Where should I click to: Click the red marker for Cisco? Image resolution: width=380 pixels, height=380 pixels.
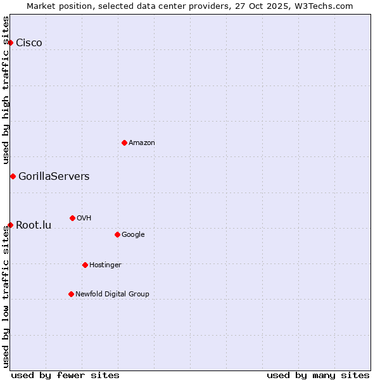pyautogui.click(x=11, y=42)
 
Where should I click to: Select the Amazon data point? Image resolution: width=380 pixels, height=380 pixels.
pyautogui.click(x=124, y=142)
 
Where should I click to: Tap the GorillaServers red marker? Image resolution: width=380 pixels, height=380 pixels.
pyautogui.click(x=13, y=176)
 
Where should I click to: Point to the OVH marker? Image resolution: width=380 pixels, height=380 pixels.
pyautogui.click(x=72, y=218)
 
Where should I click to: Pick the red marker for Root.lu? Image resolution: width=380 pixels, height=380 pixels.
pyautogui.click(x=11, y=225)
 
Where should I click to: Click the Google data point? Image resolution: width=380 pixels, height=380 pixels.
pyautogui.click(x=117, y=234)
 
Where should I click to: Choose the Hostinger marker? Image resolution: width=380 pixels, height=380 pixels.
pyautogui.click(x=85, y=265)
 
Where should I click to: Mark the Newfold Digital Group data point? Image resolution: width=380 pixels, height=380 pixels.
pyautogui.click(x=71, y=294)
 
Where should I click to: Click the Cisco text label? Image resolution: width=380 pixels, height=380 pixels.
pyautogui.click(x=29, y=43)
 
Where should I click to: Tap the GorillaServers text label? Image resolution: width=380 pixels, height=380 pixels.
pyautogui.click(x=54, y=177)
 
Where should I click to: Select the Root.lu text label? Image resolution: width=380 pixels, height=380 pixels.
pyautogui.click(x=34, y=225)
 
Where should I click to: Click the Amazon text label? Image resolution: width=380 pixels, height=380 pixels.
pyautogui.click(x=142, y=143)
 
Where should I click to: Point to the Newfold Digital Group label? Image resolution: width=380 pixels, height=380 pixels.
pyautogui.click(x=112, y=294)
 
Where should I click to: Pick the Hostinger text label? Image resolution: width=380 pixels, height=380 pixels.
pyautogui.click(x=105, y=265)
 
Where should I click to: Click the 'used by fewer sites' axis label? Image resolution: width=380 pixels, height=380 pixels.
pyautogui.click(x=65, y=375)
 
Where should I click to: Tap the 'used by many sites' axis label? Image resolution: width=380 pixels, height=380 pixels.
pyautogui.click(x=318, y=375)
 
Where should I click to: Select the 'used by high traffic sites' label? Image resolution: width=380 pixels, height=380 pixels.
pyautogui.click(x=6, y=91)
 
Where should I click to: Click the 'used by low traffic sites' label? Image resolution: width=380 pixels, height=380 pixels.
pyautogui.click(x=6, y=296)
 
